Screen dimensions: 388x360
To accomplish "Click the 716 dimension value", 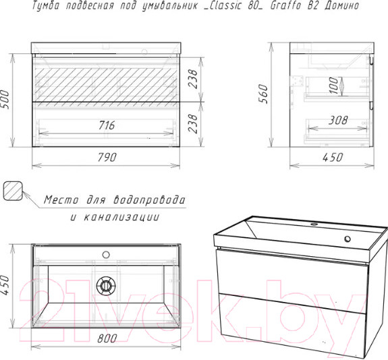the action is pyautogui.click(x=107, y=125).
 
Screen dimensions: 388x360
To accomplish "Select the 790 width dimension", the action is pyautogui.click(x=107, y=157).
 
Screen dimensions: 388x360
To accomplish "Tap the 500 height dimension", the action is pyautogui.click(x=5, y=100).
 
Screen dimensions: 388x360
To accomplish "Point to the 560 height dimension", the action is pyautogui.click(x=263, y=94).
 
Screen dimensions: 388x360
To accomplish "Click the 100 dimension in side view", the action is pyautogui.click(x=333, y=86).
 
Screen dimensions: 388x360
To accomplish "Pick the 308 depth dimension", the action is pyautogui.click(x=338, y=121).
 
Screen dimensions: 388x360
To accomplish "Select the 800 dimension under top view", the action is pyautogui.click(x=107, y=338).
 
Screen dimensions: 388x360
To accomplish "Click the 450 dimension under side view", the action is pyautogui.click(x=333, y=157).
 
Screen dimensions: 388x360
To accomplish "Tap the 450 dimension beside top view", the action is pyautogui.click(x=5, y=285).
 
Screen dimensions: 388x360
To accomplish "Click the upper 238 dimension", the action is pyautogui.click(x=193, y=79).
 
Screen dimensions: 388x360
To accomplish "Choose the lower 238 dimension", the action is pyautogui.click(x=193, y=123).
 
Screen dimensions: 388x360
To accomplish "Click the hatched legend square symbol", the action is pyautogui.click(x=13, y=191).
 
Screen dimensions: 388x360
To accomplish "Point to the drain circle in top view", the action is pyautogui.click(x=106, y=286).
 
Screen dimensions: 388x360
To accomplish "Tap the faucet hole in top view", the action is pyautogui.click(x=106, y=254).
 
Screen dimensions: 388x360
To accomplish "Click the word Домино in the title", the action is pyautogui.click(x=341, y=5).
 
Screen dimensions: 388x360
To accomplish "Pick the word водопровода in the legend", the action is pyautogui.click(x=149, y=200).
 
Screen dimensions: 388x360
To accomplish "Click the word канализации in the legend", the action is pyautogui.click(x=121, y=217).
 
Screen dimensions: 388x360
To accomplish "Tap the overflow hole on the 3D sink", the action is pyautogui.click(x=348, y=239).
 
